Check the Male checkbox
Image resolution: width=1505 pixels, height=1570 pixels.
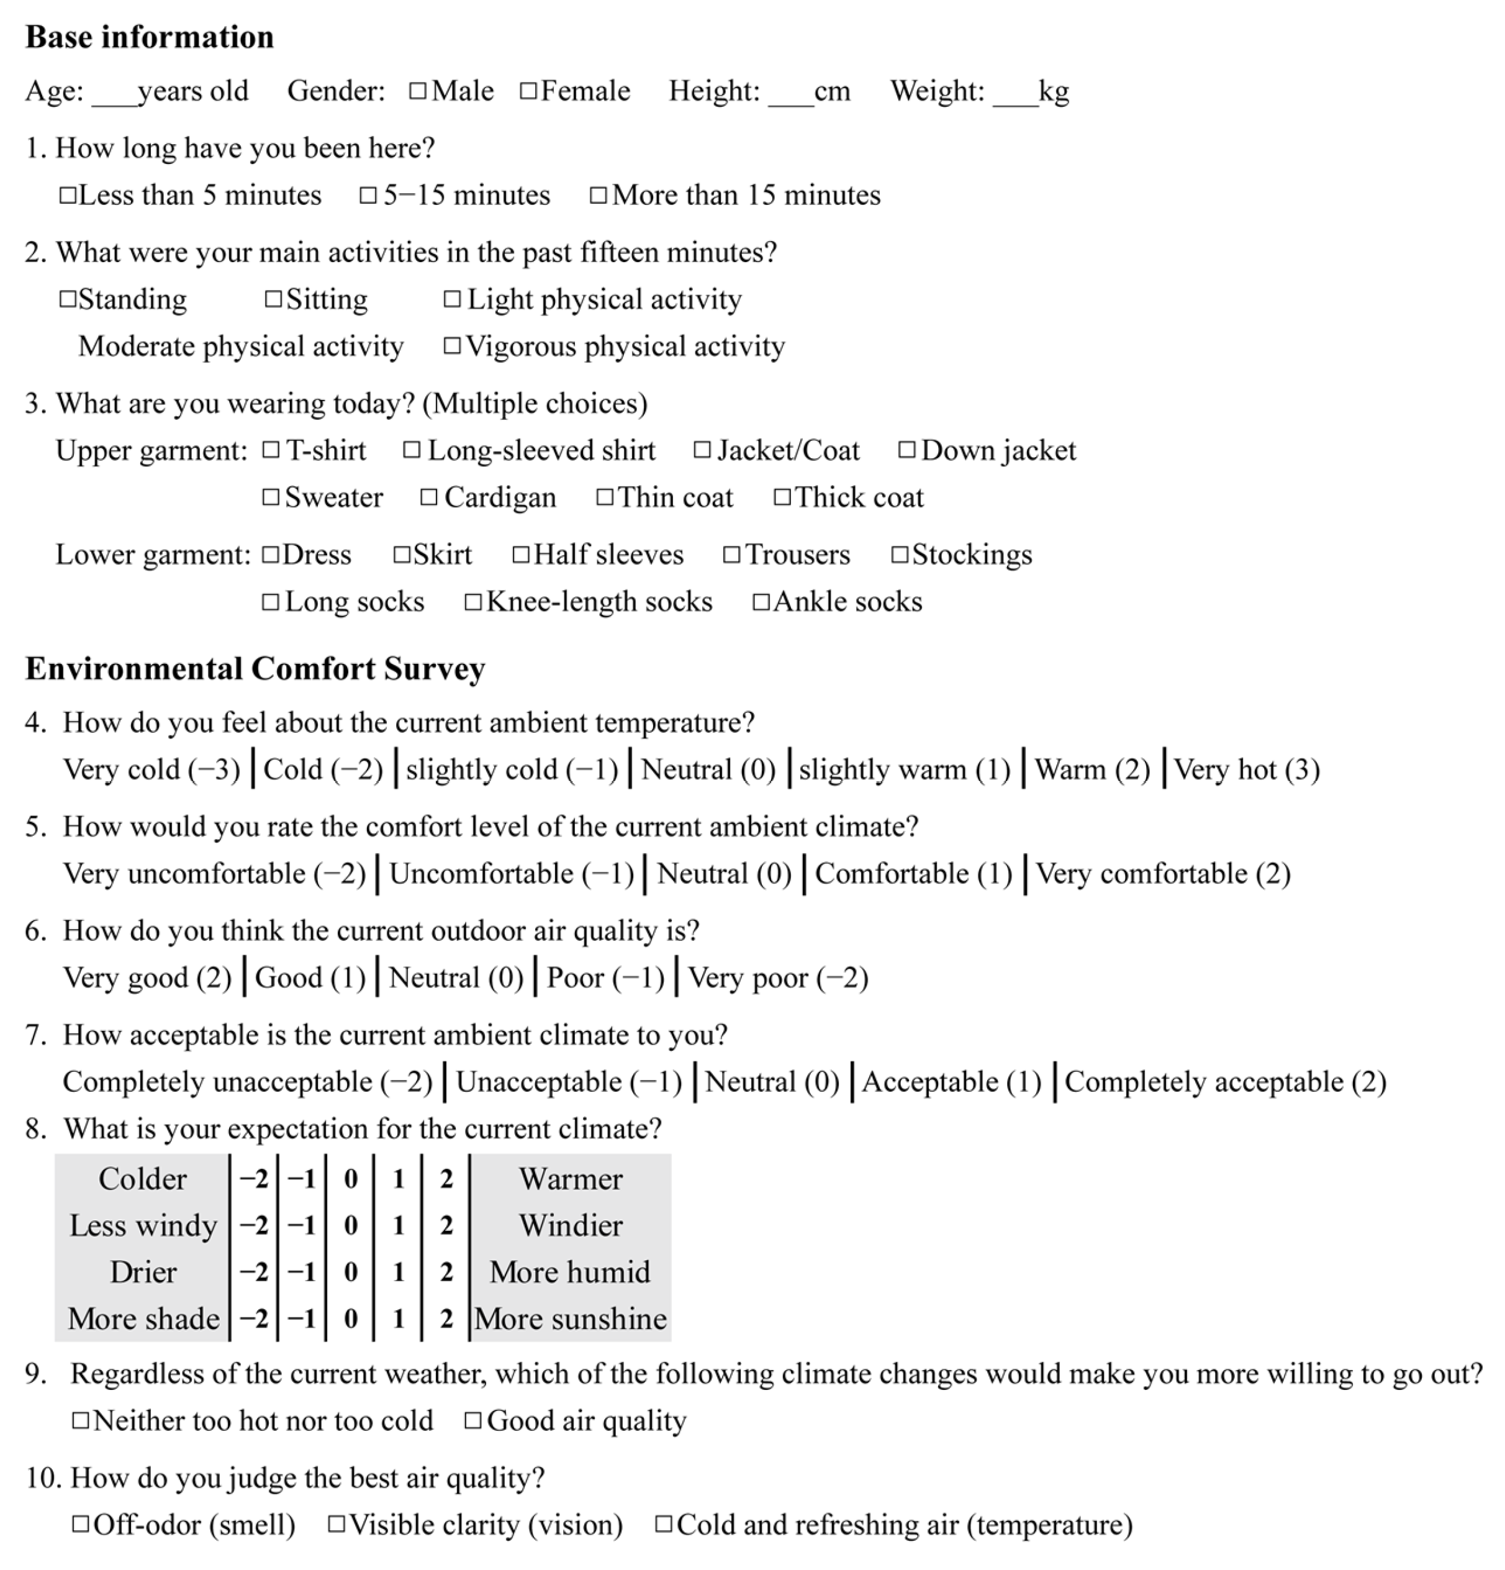click(417, 91)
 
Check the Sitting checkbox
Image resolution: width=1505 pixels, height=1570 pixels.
click(273, 299)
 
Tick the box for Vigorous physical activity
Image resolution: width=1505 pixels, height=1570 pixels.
click(453, 346)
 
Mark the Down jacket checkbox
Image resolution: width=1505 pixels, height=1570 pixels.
click(906, 450)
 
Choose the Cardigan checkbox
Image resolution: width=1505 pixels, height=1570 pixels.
click(429, 497)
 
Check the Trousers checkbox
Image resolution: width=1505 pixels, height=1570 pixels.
click(731, 555)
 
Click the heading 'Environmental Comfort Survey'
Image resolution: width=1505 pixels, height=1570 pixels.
click(255, 669)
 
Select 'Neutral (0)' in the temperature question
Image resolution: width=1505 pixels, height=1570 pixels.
click(708, 769)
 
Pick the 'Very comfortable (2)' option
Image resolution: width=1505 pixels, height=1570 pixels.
click(1163, 874)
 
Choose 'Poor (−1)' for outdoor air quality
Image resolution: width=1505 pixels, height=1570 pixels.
click(605, 978)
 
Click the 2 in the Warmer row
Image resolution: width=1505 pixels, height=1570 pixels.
click(446, 1178)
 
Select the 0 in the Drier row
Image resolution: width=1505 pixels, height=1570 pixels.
click(350, 1272)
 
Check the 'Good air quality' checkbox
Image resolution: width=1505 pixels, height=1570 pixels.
click(473, 1421)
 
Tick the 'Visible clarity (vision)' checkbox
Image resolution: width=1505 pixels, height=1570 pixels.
click(337, 1524)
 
